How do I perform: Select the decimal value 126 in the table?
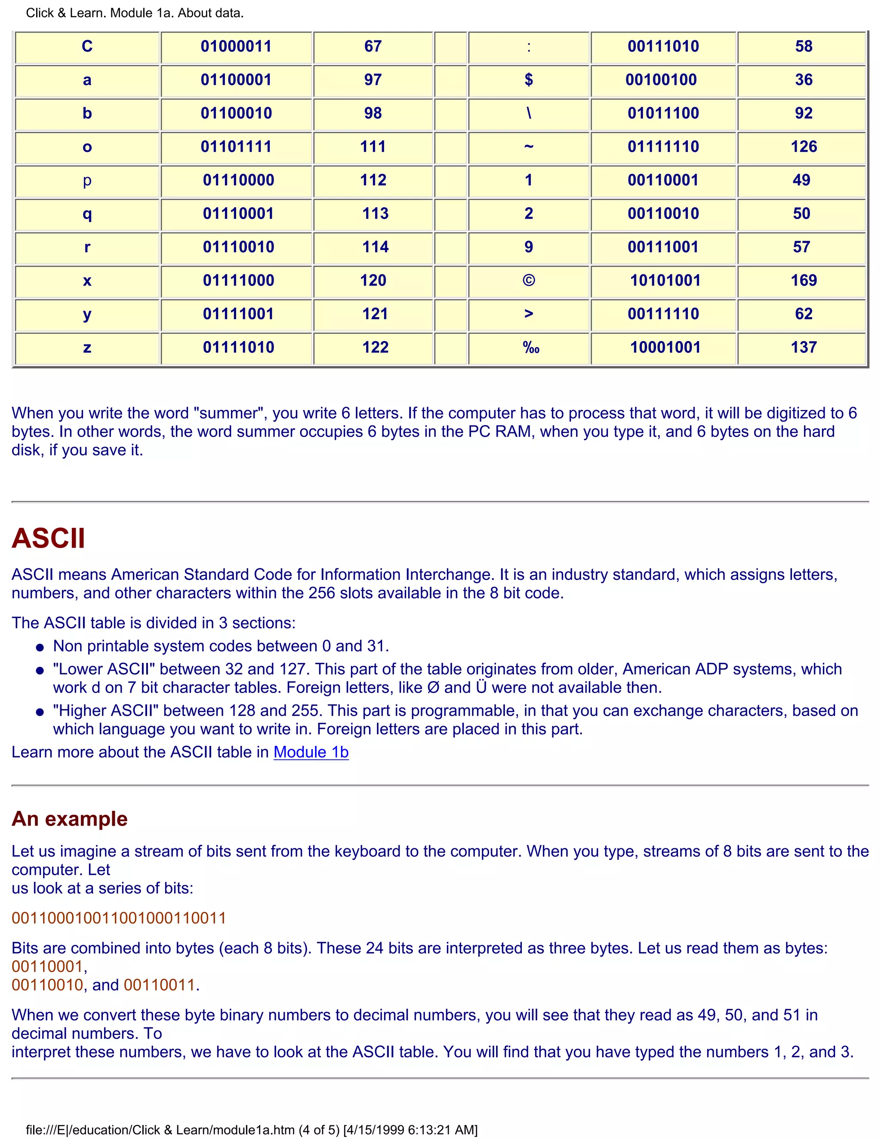(803, 147)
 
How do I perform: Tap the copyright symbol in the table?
(528, 280)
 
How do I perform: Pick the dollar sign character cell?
(528, 80)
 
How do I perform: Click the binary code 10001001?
(665, 347)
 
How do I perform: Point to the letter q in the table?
(87, 213)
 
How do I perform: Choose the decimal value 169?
(803, 280)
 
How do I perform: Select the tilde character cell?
(528, 147)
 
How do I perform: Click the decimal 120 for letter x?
(373, 280)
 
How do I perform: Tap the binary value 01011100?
(663, 113)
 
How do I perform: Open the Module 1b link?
(311, 752)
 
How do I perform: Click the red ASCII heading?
(48, 538)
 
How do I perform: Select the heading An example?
(69, 819)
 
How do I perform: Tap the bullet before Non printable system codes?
(40, 648)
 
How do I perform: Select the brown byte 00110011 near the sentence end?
(159, 985)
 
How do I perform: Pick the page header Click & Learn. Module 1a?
(135, 13)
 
